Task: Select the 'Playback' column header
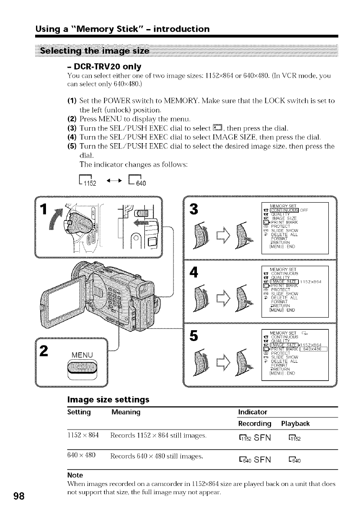(298, 423)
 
